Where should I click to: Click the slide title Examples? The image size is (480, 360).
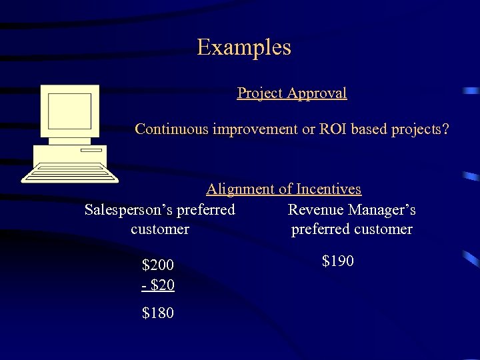(x=244, y=48)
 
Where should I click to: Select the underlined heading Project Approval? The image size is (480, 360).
(x=292, y=93)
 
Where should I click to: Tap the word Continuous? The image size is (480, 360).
(x=171, y=129)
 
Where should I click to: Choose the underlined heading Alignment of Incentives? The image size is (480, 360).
(x=283, y=189)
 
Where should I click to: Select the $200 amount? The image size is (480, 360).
(x=158, y=266)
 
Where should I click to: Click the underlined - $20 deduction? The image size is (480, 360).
(x=158, y=285)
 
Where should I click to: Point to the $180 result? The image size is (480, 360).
(x=158, y=313)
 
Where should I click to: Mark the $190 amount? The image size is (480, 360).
(x=338, y=261)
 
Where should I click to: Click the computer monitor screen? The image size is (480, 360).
(x=69, y=111)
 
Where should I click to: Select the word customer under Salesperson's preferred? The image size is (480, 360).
(x=160, y=229)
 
